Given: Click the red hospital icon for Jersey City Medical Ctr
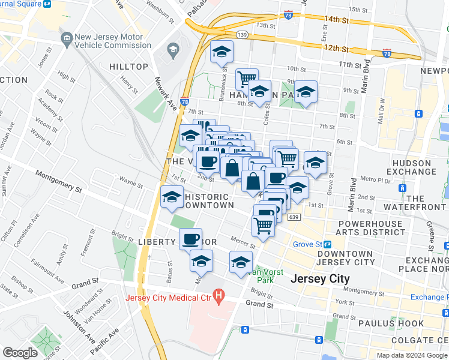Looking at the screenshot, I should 219,295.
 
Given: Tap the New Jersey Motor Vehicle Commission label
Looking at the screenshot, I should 109,41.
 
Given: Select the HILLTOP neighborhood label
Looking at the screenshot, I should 128,67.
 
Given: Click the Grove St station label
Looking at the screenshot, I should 307,244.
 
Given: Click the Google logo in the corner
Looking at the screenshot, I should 20,353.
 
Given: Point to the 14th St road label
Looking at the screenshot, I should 336,19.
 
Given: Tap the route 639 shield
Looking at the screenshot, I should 293,217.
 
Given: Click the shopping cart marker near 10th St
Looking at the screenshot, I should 247,79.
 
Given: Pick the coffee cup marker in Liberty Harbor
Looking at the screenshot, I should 191,239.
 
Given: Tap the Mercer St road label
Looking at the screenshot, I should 244,244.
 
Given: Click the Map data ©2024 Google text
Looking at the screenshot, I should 412,355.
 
